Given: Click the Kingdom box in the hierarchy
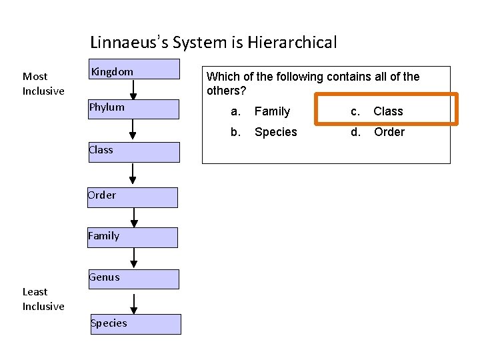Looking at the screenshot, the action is [x=134, y=69].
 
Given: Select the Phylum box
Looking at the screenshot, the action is [x=134, y=109].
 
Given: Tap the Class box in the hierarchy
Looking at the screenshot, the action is [x=134, y=152].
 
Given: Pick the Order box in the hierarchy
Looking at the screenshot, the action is [x=133, y=197].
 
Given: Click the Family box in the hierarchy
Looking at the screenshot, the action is [x=133, y=237].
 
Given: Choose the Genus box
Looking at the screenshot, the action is [x=133, y=279].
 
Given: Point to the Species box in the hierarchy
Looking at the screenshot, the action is [x=135, y=324].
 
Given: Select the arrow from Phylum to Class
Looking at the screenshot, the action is [x=133, y=130].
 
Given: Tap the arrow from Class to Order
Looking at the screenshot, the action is [x=133, y=175].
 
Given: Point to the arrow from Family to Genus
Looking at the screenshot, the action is [x=134, y=259].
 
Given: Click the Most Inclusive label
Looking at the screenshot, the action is [x=43, y=83].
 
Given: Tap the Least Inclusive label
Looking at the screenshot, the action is [x=43, y=299].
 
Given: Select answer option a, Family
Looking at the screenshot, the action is [x=271, y=111].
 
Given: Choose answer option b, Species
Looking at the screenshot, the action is [x=275, y=132].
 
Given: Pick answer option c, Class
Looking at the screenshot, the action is [x=387, y=111].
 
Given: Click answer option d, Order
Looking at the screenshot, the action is [x=388, y=132].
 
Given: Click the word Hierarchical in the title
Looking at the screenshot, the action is [x=292, y=43].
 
